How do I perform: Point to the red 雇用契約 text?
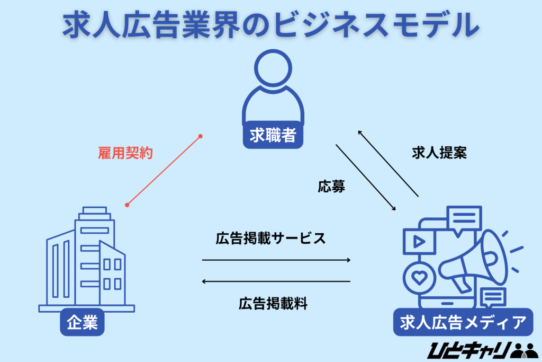125,154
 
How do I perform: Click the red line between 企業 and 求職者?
164,171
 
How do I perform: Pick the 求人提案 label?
439,153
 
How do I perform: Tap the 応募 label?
332,187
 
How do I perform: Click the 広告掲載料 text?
273,304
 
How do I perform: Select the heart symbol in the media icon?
420,278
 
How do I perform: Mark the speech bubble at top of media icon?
464,218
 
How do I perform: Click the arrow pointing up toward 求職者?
388,163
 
